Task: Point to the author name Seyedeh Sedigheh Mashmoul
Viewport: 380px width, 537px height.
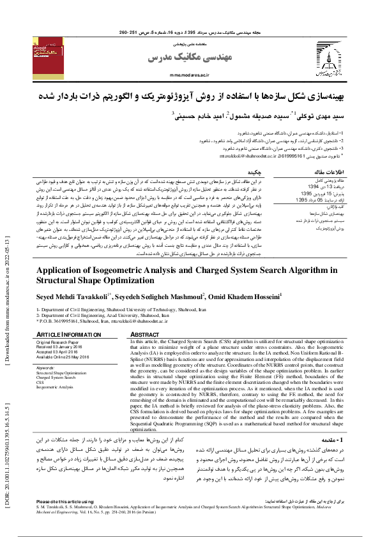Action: click(x=159, y=295)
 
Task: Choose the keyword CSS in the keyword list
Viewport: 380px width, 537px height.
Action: click(x=40, y=383)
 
